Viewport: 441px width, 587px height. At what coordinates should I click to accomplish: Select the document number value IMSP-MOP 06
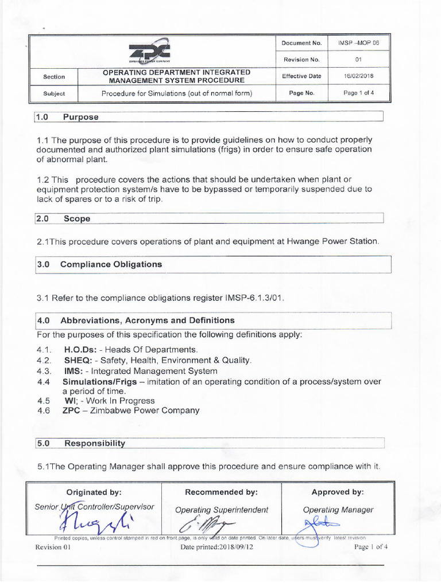(x=359, y=43)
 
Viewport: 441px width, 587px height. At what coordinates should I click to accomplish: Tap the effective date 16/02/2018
(x=359, y=76)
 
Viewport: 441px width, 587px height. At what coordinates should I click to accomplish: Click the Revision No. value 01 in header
(x=359, y=60)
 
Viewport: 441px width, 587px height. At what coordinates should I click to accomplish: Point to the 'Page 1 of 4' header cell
(x=359, y=93)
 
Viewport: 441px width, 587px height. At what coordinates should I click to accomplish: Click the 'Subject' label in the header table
(x=54, y=93)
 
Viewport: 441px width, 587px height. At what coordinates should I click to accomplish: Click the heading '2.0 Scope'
(x=63, y=218)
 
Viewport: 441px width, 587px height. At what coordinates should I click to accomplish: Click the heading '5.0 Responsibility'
(x=81, y=443)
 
